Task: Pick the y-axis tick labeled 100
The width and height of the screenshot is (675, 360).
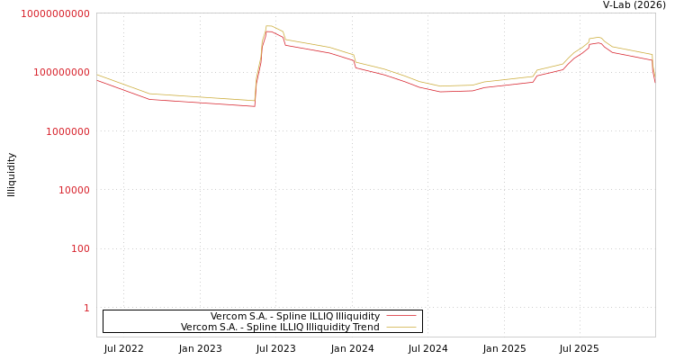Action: pyautogui.click(x=79, y=248)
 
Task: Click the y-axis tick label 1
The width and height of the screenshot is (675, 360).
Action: pyautogui.click(x=86, y=308)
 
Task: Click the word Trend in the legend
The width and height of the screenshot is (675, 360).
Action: pyautogui.click(x=365, y=328)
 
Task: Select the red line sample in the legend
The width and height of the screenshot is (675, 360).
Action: pyautogui.click(x=401, y=317)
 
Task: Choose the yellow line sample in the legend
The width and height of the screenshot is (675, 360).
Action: pyautogui.click(x=401, y=328)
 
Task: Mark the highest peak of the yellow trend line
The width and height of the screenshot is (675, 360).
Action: pyautogui.click(x=269, y=26)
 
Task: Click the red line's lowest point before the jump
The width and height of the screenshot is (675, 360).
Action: pyautogui.click(x=254, y=106)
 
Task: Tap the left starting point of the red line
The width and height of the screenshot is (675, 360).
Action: pyautogui.click(x=97, y=80)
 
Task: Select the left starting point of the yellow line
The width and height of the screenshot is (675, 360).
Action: pyautogui.click(x=97, y=75)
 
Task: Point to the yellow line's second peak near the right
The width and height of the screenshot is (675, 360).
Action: pyautogui.click(x=597, y=38)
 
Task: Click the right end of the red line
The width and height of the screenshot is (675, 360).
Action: pyautogui.click(x=654, y=83)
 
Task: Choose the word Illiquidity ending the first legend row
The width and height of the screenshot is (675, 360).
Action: pyautogui.click(x=357, y=317)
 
